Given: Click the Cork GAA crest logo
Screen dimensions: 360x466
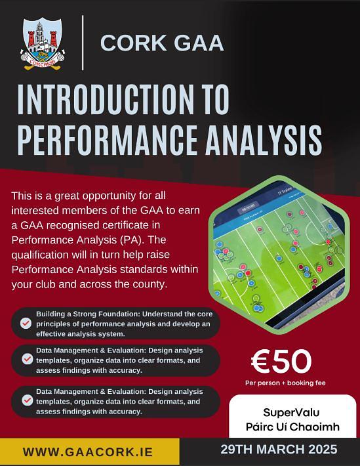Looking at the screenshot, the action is pyautogui.click(x=43, y=44).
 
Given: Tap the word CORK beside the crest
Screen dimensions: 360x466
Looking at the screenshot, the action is pyautogui.click(x=133, y=43).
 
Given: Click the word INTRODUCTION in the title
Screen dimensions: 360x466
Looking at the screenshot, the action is pyautogui.click(x=103, y=99).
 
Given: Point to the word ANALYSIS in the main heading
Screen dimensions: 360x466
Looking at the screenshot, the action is pyautogui.click(x=264, y=140).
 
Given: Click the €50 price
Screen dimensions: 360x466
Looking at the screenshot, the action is pyautogui.click(x=281, y=362).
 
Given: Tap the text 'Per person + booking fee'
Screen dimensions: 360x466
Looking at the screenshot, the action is pyautogui.click(x=285, y=383).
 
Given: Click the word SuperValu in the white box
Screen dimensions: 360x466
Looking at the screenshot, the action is pyautogui.click(x=291, y=412).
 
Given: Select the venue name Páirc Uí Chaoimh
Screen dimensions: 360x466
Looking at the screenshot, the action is pyautogui.click(x=292, y=427).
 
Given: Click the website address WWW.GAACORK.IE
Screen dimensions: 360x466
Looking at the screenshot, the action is pyautogui.click(x=88, y=452).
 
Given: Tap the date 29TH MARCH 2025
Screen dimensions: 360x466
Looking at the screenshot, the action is pyautogui.click(x=279, y=450).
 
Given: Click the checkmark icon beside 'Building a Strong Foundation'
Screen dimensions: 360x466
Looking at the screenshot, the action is pyautogui.click(x=26, y=323).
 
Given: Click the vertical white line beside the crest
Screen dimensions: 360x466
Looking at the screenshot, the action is pyautogui.click(x=83, y=43).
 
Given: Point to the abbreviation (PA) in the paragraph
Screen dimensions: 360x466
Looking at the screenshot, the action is pyautogui.click(x=130, y=240).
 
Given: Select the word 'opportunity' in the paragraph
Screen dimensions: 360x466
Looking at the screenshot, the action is pyautogui.click(x=109, y=196).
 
